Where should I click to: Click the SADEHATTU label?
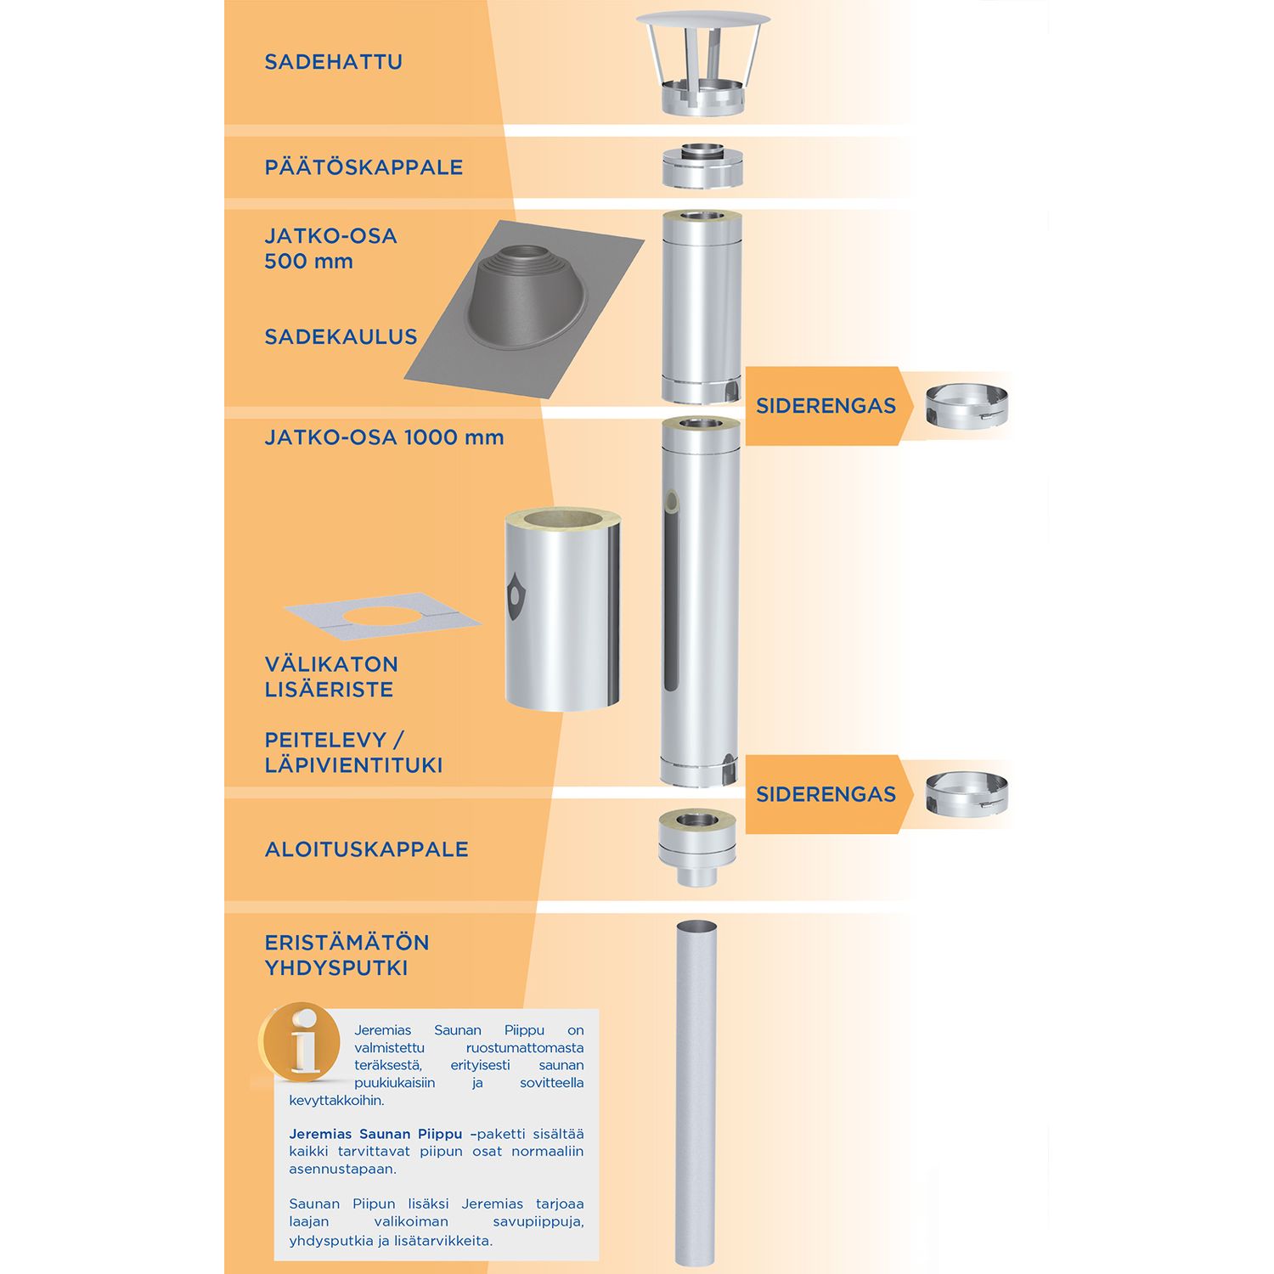click(333, 62)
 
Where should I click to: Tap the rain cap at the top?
click(702, 63)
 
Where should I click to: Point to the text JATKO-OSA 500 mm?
click(330, 248)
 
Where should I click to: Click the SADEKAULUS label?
click(341, 337)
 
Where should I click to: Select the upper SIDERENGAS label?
click(826, 406)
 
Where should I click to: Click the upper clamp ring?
click(967, 406)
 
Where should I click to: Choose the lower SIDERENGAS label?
click(826, 794)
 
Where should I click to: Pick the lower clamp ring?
click(967, 794)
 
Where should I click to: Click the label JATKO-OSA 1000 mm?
click(384, 437)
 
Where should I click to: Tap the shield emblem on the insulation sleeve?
click(515, 595)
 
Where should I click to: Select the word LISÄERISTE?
click(329, 690)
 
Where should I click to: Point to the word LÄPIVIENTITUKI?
click(353, 765)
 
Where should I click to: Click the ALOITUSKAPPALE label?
click(366, 849)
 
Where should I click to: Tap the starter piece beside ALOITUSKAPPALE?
click(696, 847)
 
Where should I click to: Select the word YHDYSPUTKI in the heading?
click(336, 968)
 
